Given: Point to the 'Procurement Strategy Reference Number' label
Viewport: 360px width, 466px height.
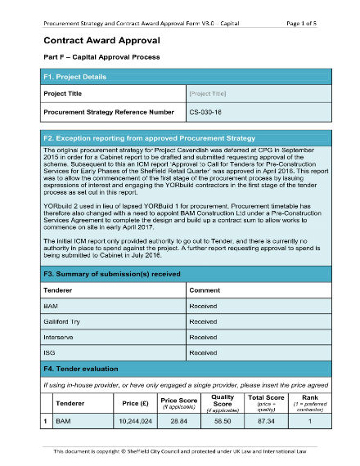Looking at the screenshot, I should pos(108,111).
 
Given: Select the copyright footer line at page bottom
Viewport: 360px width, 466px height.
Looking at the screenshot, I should pos(179,451).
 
